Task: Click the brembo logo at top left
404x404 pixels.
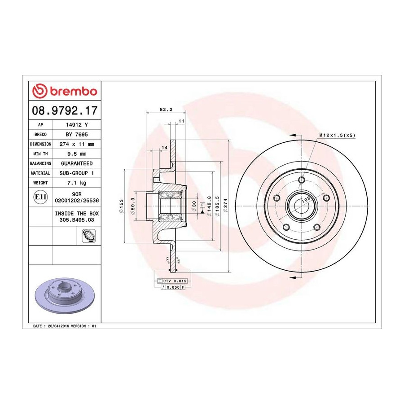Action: pyautogui.click(x=65, y=91)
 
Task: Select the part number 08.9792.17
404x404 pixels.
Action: pyautogui.click(x=65, y=110)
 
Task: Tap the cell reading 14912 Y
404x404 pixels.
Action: pyautogui.click(x=77, y=125)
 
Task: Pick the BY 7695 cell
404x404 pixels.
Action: pyautogui.click(x=77, y=135)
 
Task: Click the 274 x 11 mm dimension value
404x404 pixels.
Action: pyautogui.click(x=77, y=144)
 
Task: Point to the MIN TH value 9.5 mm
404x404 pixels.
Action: pyautogui.click(x=77, y=154)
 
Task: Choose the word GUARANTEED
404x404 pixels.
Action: pyautogui.click(x=77, y=163)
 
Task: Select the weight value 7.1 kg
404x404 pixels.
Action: pyautogui.click(x=77, y=183)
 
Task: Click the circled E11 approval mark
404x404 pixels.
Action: pyautogui.click(x=40, y=197)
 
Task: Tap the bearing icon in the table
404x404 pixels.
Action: pyautogui.click(x=88, y=236)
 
